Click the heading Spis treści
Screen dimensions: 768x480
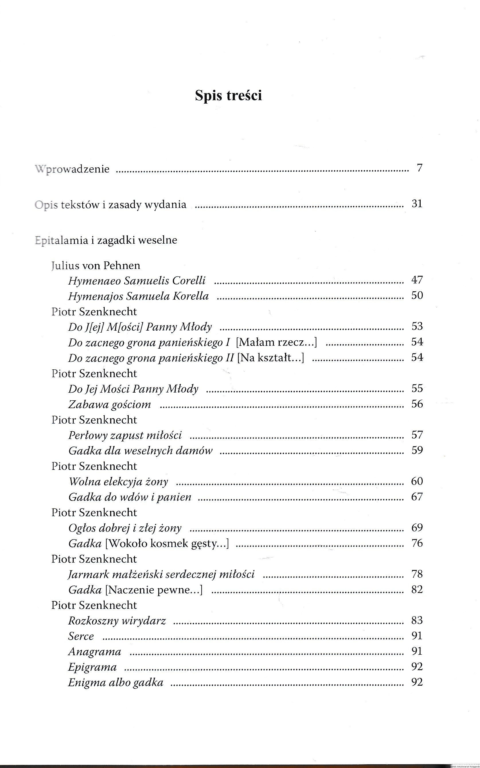[228, 95]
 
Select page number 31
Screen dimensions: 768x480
[417, 203]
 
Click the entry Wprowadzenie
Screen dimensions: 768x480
[72, 169]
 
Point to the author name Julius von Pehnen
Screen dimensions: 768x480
[95, 265]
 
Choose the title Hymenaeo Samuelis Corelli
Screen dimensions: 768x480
[137, 281]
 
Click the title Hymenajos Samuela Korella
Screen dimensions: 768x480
[138, 296]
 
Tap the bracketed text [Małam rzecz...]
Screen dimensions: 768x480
[276, 342]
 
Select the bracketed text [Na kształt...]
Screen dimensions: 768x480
[270, 358]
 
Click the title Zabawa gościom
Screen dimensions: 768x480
[110, 404]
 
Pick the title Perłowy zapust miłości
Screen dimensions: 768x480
[125, 435]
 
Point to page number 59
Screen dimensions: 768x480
[417, 450]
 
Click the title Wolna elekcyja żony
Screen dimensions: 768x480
[118, 482]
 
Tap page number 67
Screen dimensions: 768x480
[417, 497]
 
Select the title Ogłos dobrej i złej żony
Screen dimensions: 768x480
[125, 528]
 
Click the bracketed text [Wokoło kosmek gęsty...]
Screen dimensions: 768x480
[167, 543]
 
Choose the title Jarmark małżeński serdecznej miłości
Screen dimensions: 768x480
[161, 574]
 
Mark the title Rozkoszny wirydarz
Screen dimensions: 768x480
[117, 620]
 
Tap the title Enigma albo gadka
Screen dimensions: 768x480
[116, 682]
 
